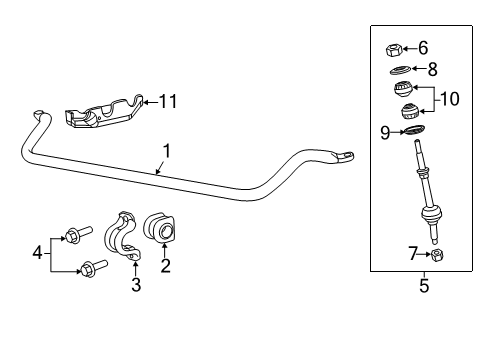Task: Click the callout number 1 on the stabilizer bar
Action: [x=167, y=152]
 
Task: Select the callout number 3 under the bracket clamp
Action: [x=136, y=286]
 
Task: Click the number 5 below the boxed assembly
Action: [x=424, y=287]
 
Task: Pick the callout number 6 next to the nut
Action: [x=423, y=47]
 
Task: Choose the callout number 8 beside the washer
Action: [x=432, y=69]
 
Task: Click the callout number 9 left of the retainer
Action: [x=384, y=130]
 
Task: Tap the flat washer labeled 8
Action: [x=398, y=70]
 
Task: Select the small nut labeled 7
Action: [x=437, y=255]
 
